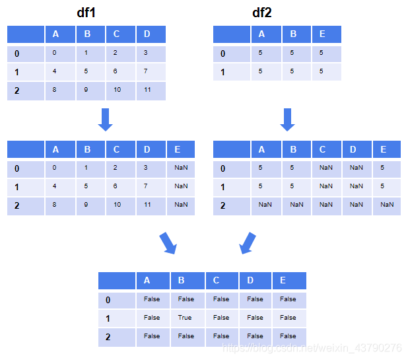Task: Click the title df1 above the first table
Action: pos(90,13)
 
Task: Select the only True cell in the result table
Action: pos(185,318)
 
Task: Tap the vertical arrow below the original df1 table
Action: pos(105,120)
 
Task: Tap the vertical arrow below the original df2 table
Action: pos(287,120)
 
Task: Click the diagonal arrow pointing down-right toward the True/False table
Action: pos(168,243)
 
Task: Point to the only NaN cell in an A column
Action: pos(265,205)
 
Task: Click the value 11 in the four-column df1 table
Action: pos(148,89)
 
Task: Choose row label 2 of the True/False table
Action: pos(108,337)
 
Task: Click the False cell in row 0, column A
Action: pos(152,299)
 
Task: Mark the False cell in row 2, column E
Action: pos(289,336)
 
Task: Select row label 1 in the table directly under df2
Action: pos(222,187)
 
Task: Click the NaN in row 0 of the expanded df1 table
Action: pos(181,168)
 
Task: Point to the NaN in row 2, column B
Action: pos(296,205)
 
